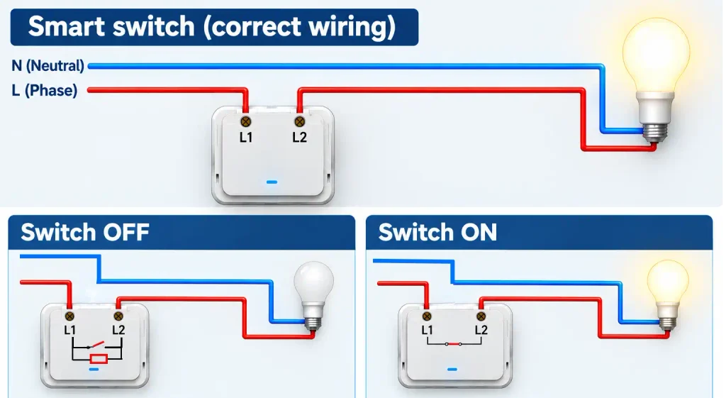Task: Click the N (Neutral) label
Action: tap(48, 66)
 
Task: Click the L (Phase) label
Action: tap(45, 90)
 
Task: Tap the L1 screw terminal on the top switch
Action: tap(246, 122)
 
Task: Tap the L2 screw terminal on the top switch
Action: tap(300, 122)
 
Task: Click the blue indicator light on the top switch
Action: tap(272, 182)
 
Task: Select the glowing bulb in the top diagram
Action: tap(656, 79)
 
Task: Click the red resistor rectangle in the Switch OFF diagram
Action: tap(99, 358)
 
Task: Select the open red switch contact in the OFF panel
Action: tap(96, 345)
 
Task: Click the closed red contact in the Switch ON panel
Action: tap(454, 344)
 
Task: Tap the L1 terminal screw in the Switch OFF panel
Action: tap(69, 316)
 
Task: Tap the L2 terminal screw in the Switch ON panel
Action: tap(481, 317)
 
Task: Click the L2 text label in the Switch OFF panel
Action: tap(118, 330)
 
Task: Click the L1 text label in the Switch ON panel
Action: tap(427, 330)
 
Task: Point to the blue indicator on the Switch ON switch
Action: tap(452, 370)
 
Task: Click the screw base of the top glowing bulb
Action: tap(655, 132)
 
